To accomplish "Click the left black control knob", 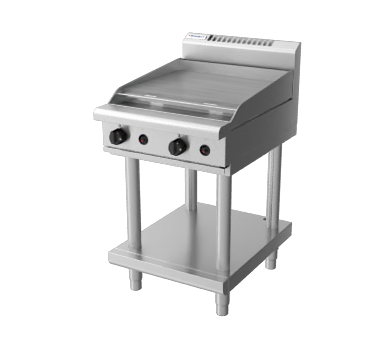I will [x=118, y=136].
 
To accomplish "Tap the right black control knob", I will [x=177, y=146].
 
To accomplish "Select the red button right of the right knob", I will [x=204, y=151].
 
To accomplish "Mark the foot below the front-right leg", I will [x=222, y=303].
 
